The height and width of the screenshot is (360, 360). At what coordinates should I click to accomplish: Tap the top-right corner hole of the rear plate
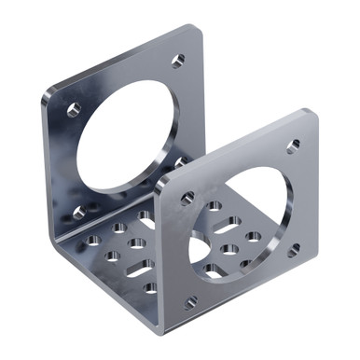coord(178,61)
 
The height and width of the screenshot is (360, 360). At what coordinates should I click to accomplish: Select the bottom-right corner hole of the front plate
coord(295,249)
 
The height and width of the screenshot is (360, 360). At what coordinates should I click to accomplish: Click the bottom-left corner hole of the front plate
coord(190,302)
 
